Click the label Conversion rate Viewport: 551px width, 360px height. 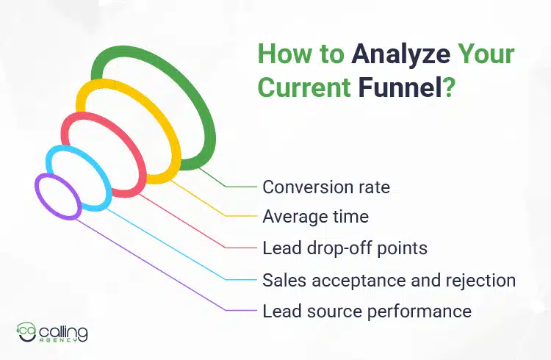pos(326,187)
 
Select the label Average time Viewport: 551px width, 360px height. pos(315,217)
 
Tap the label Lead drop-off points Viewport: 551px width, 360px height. pos(345,248)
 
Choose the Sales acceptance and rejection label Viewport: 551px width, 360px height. pos(389,280)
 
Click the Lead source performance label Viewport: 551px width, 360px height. pos(367,311)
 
